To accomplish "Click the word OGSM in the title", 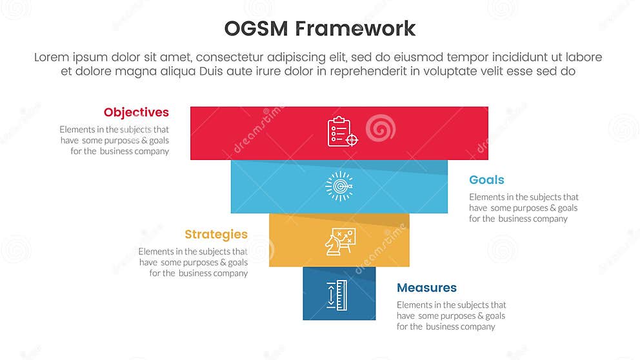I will click(255, 29).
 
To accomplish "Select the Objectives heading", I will click(136, 113).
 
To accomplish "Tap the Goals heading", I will click(486, 180).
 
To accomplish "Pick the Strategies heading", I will click(215, 234).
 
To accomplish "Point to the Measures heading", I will click(426, 288).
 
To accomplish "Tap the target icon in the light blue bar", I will click(339, 186).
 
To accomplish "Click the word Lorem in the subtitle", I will click(52, 57).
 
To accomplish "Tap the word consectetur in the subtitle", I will click(241, 57).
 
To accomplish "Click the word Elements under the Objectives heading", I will click(77, 130).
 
